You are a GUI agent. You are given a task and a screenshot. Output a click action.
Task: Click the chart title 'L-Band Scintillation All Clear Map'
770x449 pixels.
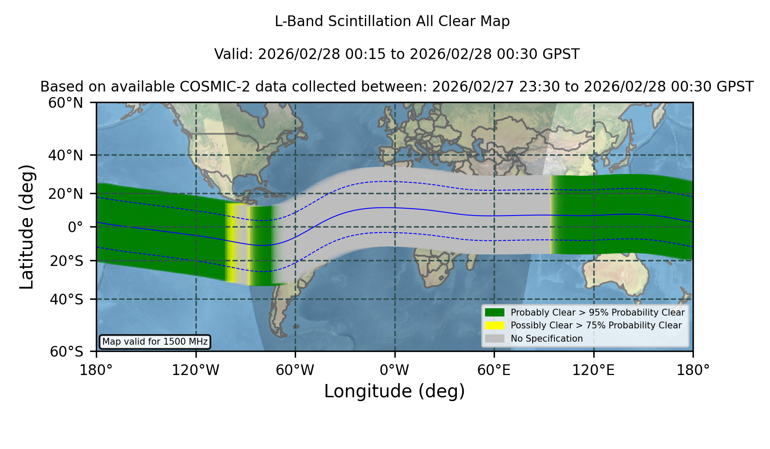(x=392, y=21)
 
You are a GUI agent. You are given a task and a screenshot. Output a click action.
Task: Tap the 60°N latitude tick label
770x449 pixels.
(x=65, y=103)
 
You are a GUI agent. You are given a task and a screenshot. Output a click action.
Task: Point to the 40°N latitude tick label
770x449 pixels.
(x=65, y=155)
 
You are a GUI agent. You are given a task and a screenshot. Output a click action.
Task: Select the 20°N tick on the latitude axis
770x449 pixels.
(x=65, y=194)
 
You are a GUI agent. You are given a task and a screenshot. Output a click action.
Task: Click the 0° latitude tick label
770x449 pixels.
(x=75, y=227)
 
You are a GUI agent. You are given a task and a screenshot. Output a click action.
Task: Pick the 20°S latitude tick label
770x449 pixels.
(x=66, y=261)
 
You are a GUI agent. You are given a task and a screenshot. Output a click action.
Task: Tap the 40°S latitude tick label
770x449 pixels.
(x=66, y=299)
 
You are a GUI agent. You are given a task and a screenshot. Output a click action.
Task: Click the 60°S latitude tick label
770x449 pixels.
(x=66, y=352)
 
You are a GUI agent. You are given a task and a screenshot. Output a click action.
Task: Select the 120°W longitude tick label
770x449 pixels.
(x=195, y=370)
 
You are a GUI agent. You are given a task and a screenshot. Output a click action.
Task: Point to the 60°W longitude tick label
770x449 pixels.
(x=295, y=370)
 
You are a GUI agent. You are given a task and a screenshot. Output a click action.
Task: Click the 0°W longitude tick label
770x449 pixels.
(x=394, y=370)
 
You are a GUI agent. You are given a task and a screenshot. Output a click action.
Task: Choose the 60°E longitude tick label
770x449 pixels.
(x=494, y=370)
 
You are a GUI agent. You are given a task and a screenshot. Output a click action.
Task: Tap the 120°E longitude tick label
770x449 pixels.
(x=593, y=370)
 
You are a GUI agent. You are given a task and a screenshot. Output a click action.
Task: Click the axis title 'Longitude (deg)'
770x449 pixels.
(x=394, y=391)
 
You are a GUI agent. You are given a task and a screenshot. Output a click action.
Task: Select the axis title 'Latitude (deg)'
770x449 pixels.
(x=27, y=227)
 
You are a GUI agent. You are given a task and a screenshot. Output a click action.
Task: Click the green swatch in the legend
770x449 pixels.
(x=495, y=313)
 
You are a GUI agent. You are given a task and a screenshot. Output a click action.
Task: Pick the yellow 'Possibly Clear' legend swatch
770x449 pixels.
(x=495, y=325)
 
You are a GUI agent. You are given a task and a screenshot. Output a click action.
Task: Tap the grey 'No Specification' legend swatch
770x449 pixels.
(x=495, y=339)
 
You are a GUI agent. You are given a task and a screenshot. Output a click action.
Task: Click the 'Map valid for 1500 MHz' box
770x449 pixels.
(x=155, y=342)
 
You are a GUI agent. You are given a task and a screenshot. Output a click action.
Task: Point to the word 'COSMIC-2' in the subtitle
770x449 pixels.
(x=209, y=87)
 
